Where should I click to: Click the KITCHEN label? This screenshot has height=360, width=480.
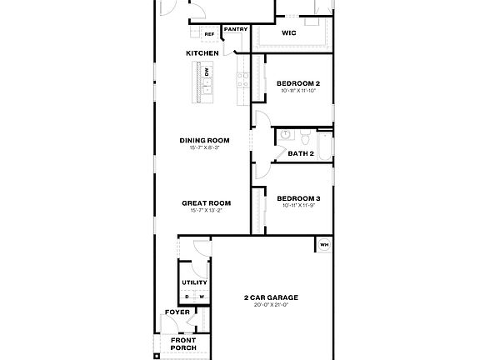(202, 53)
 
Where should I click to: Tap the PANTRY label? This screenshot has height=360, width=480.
(236, 29)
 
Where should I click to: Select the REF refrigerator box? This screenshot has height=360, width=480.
(210, 34)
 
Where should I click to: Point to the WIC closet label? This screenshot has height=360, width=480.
(289, 33)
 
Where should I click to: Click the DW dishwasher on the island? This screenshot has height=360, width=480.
(207, 72)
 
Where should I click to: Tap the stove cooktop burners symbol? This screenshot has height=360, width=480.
(242, 81)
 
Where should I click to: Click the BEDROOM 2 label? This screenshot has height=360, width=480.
(298, 83)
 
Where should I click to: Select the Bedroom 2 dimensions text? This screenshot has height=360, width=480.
(298, 92)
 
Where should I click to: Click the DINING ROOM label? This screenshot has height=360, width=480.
(204, 140)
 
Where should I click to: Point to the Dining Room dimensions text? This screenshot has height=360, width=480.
(204, 147)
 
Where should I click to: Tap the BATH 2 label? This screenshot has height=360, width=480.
(300, 153)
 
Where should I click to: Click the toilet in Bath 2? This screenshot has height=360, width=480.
(305, 135)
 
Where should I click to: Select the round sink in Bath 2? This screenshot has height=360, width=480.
(285, 135)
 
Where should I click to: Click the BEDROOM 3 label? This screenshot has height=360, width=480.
(298, 197)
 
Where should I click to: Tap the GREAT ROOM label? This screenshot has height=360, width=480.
(207, 202)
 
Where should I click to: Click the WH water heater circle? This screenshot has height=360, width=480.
(323, 245)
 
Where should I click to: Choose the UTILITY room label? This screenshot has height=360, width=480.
(195, 282)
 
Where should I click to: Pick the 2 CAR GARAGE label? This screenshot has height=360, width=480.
(271, 297)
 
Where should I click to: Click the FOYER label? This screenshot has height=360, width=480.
(177, 312)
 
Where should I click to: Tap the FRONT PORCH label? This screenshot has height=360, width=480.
(183, 343)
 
